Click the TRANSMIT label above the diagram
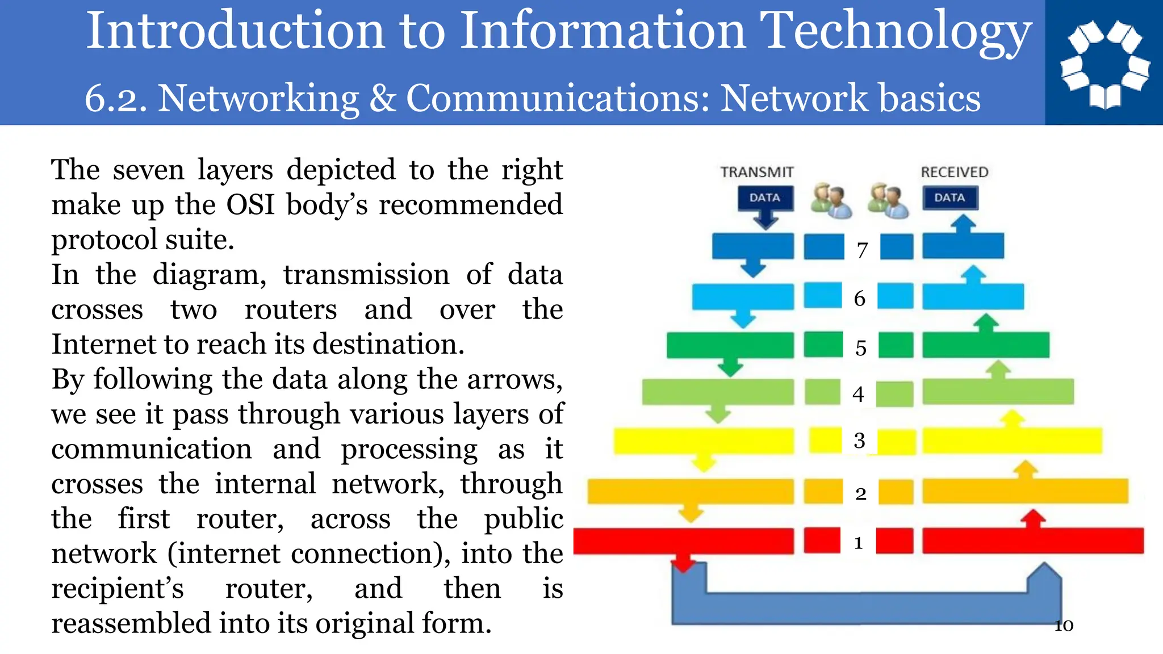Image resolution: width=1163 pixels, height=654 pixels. click(x=756, y=172)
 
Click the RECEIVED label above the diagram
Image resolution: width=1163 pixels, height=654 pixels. click(x=954, y=172)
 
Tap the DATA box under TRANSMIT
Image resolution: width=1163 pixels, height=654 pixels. click(x=765, y=198)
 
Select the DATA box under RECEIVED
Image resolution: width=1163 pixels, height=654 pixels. click(x=949, y=198)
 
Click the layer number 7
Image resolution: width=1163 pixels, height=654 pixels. click(x=862, y=250)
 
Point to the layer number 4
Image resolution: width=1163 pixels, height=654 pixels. click(x=858, y=394)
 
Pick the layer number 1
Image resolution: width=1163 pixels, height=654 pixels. click(x=859, y=543)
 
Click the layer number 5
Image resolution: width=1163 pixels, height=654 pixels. click(x=861, y=347)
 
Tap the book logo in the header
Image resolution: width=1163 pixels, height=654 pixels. click(x=1104, y=62)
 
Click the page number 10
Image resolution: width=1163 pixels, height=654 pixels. click(x=1064, y=626)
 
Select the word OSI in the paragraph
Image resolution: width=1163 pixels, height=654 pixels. click(x=250, y=205)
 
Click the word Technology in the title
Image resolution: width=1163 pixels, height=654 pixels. click(x=896, y=31)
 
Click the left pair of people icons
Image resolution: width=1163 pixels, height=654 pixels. click(x=831, y=200)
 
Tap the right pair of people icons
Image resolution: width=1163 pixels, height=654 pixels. click(x=888, y=200)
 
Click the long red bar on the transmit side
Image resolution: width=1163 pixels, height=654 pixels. click(x=684, y=541)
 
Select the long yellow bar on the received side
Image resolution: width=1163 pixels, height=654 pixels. click(x=1012, y=441)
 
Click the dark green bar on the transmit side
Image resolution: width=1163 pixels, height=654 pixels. click(x=730, y=345)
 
